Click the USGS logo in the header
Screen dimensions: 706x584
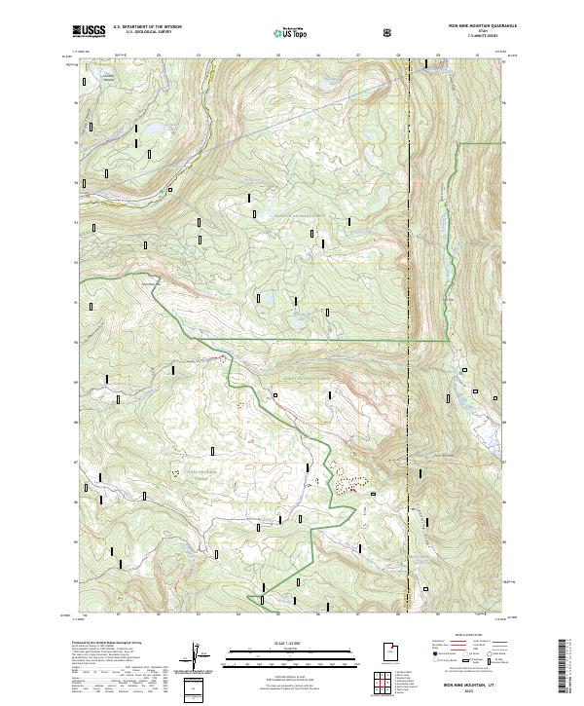click(90, 32)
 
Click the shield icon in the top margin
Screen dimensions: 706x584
click(390, 33)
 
